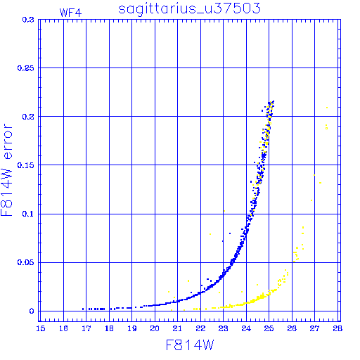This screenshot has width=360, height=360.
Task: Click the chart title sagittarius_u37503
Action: pyautogui.click(x=189, y=8)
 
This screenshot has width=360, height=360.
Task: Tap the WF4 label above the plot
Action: pyautogui.click(x=70, y=13)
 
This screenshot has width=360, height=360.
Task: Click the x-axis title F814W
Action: pyautogui.click(x=190, y=345)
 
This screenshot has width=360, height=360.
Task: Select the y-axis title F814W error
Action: pyautogui.click(x=6, y=170)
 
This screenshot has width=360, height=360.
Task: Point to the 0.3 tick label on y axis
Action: pyautogui.click(x=28, y=20)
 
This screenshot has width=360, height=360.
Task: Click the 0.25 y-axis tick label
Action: pyautogui.click(x=26, y=68)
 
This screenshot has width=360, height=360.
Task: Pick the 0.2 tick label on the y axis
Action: pyautogui.click(x=28, y=117)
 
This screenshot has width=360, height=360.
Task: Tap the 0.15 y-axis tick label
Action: pyautogui.click(x=26, y=165)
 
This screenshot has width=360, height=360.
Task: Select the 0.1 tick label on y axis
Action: pyautogui.click(x=28, y=214)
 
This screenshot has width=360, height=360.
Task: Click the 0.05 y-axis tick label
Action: pyautogui.click(x=26, y=262)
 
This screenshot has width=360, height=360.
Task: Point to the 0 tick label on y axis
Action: pyautogui.click(x=32, y=311)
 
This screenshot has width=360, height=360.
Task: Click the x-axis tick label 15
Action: pyautogui.click(x=41, y=328)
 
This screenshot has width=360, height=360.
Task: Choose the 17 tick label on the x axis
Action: pyautogui.click(x=86, y=328)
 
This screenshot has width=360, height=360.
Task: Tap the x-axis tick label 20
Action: pyautogui.click(x=155, y=328)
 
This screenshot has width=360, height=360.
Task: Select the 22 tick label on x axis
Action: pyautogui.click(x=200, y=328)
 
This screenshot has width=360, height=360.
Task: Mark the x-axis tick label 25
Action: pyautogui.click(x=269, y=328)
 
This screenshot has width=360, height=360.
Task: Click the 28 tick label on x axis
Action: pyautogui.click(x=337, y=328)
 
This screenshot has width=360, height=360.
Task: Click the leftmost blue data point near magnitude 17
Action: pyautogui.click(x=83, y=309)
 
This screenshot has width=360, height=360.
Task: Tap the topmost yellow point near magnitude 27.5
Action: pyautogui.click(x=327, y=108)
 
